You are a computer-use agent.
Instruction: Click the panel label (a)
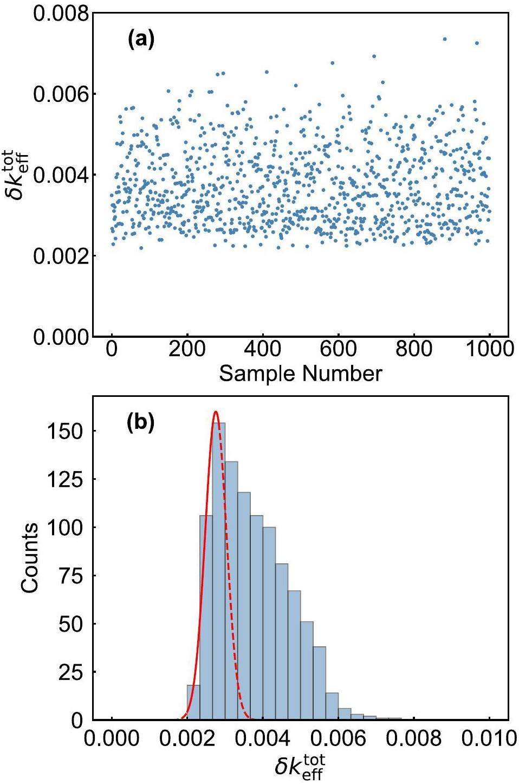(141, 40)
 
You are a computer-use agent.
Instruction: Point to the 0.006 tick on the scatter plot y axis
(60, 94)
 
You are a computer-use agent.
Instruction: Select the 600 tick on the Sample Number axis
(338, 350)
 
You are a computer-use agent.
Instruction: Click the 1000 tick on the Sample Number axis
(489, 350)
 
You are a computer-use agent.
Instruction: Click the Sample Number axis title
(300, 374)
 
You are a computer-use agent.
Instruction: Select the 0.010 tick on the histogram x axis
(489, 738)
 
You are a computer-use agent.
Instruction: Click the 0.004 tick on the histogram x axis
(263, 738)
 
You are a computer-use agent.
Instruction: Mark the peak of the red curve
(216, 412)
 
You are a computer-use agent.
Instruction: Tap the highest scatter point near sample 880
(445, 39)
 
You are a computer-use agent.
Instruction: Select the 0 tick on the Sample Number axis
(112, 350)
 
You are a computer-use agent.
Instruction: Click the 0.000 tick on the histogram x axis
(112, 738)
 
